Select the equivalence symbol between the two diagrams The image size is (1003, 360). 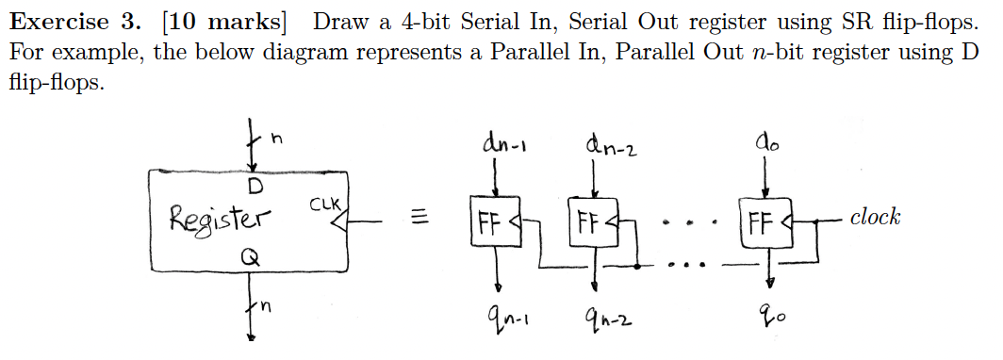pos(421,219)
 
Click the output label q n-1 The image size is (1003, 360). pos(507,324)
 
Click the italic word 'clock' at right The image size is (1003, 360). pos(874,218)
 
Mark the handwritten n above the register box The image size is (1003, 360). pos(277,139)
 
